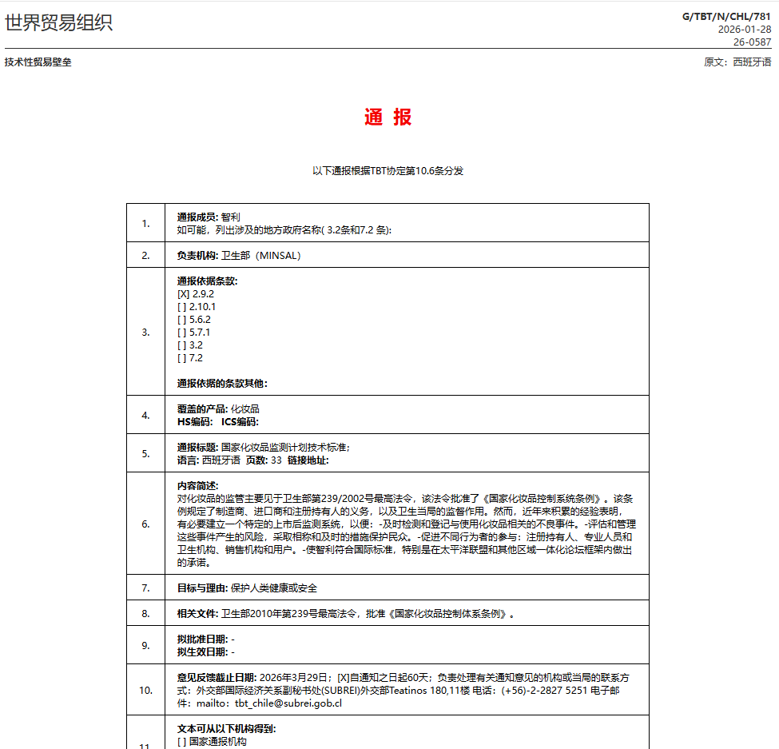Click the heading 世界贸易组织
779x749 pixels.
pyautogui.click(x=58, y=23)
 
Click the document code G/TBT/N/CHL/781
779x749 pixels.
pyautogui.click(x=726, y=16)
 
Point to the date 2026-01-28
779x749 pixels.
pyautogui.click(x=745, y=29)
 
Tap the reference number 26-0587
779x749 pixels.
pyautogui.click(x=753, y=42)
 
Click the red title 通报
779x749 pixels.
pyautogui.click(x=388, y=117)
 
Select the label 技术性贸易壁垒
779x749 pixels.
pyautogui.click(x=38, y=62)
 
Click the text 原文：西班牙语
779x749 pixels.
pyautogui.click(x=737, y=62)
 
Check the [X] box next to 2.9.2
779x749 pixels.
pyautogui.click(x=183, y=294)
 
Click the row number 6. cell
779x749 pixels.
pyautogui.click(x=145, y=524)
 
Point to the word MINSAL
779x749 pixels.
pyautogui.click(x=276, y=256)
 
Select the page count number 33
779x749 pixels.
pyautogui.click(x=276, y=460)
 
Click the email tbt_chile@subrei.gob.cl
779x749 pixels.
pyautogui.click(x=299, y=703)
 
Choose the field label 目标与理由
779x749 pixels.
pyautogui.click(x=202, y=588)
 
